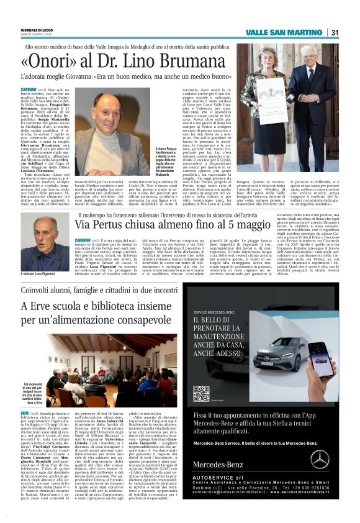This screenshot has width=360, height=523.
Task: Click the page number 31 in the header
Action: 335,33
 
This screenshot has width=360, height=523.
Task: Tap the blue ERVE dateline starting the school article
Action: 25,412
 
